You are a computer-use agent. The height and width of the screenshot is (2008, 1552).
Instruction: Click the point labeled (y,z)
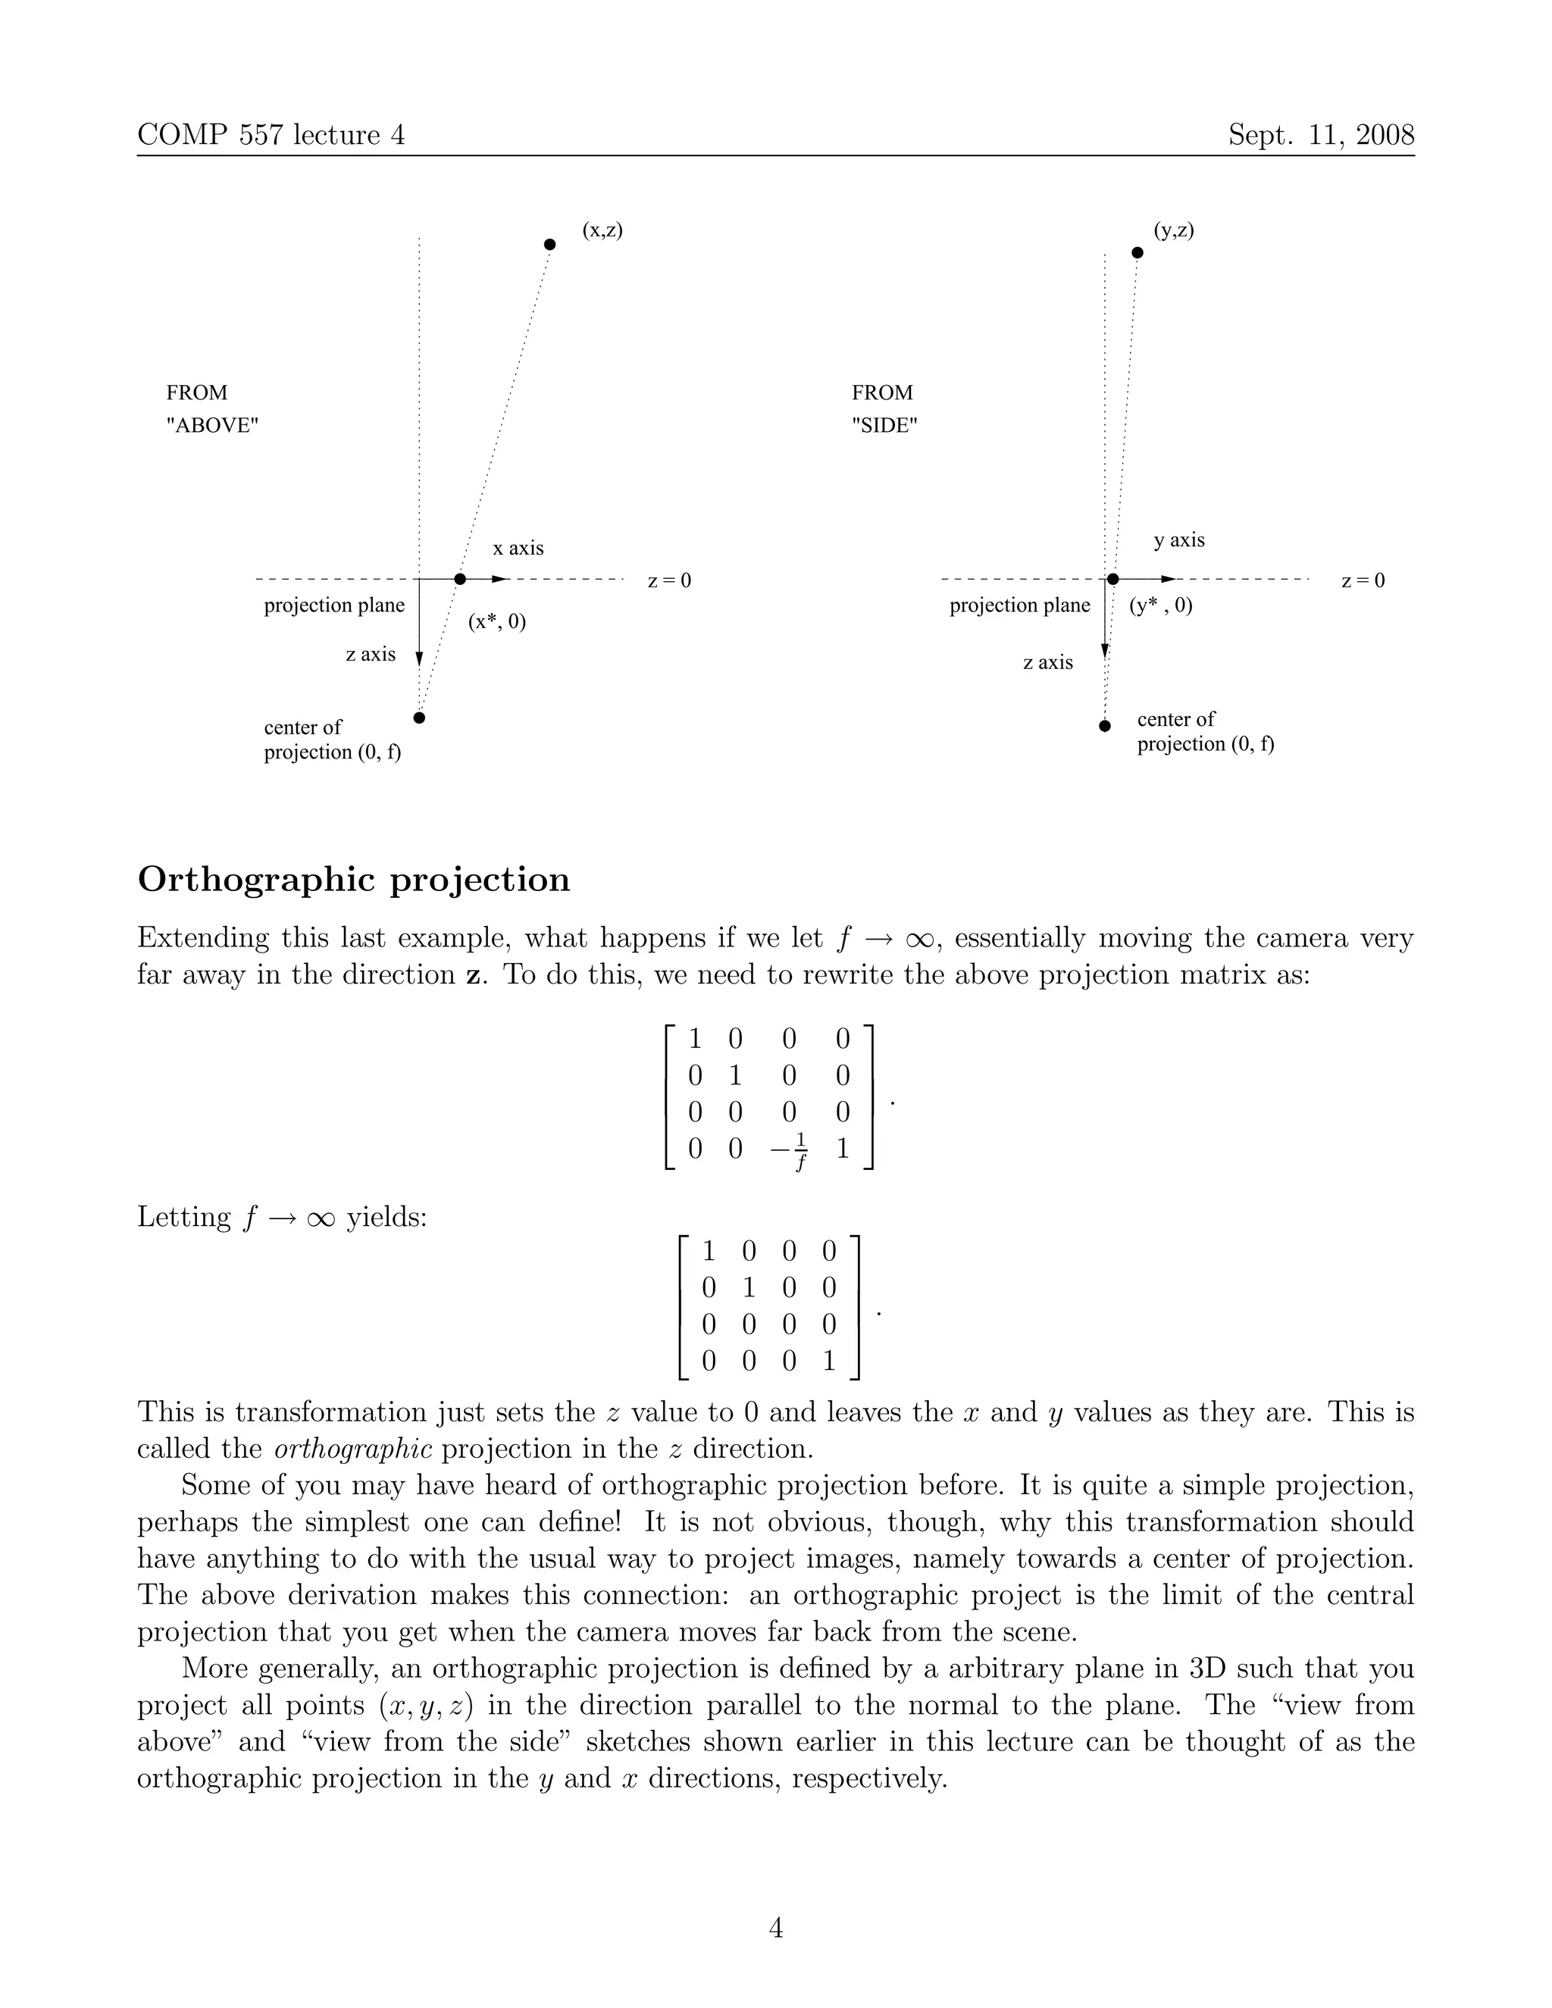(x=1137, y=252)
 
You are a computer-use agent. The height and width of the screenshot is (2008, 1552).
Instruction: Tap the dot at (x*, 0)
(x=461, y=579)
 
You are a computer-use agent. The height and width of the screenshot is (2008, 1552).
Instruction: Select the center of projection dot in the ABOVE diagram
(x=419, y=717)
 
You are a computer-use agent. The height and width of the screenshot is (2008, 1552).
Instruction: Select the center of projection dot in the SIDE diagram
(x=1105, y=725)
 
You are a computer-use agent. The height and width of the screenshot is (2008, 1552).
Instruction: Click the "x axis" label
(x=518, y=548)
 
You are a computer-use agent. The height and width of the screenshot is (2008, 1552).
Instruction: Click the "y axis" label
(x=1178, y=540)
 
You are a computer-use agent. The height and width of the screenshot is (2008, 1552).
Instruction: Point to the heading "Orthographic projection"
(x=354, y=880)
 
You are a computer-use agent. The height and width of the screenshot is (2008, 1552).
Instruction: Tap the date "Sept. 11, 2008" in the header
(x=1320, y=135)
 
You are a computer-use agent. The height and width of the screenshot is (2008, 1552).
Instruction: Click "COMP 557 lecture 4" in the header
(x=271, y=135)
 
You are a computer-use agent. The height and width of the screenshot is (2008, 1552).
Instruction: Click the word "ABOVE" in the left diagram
(x=212, y=426)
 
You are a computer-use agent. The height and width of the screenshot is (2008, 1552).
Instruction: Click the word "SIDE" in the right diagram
(x=884, y=426)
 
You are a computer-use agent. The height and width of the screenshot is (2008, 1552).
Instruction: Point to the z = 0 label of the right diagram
(x=1362, y=581)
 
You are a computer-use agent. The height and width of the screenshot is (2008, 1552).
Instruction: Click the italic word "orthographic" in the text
(x=353, y=1450)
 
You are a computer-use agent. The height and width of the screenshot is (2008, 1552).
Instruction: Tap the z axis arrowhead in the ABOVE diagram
(x=419, y=658)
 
